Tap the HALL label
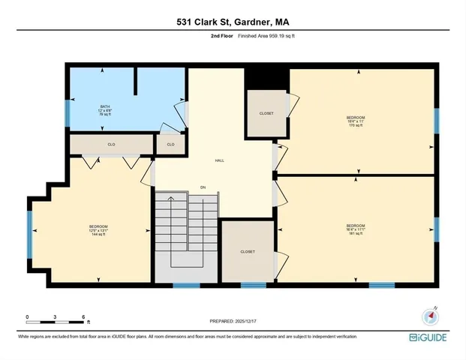coord(219,160)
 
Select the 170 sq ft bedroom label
coord(355,121)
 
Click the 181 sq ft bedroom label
coord(355,229)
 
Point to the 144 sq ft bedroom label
coord(98,231)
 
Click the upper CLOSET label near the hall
coord(266,113)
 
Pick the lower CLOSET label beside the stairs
coord(248,252)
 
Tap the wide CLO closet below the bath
coord(111,144)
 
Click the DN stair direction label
coord(203,187)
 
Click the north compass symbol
coord(429,316)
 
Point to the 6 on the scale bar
coord(83,316)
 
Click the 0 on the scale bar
coord(27,316)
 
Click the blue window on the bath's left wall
coord(68,112)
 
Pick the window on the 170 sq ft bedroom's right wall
coord(436,120)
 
